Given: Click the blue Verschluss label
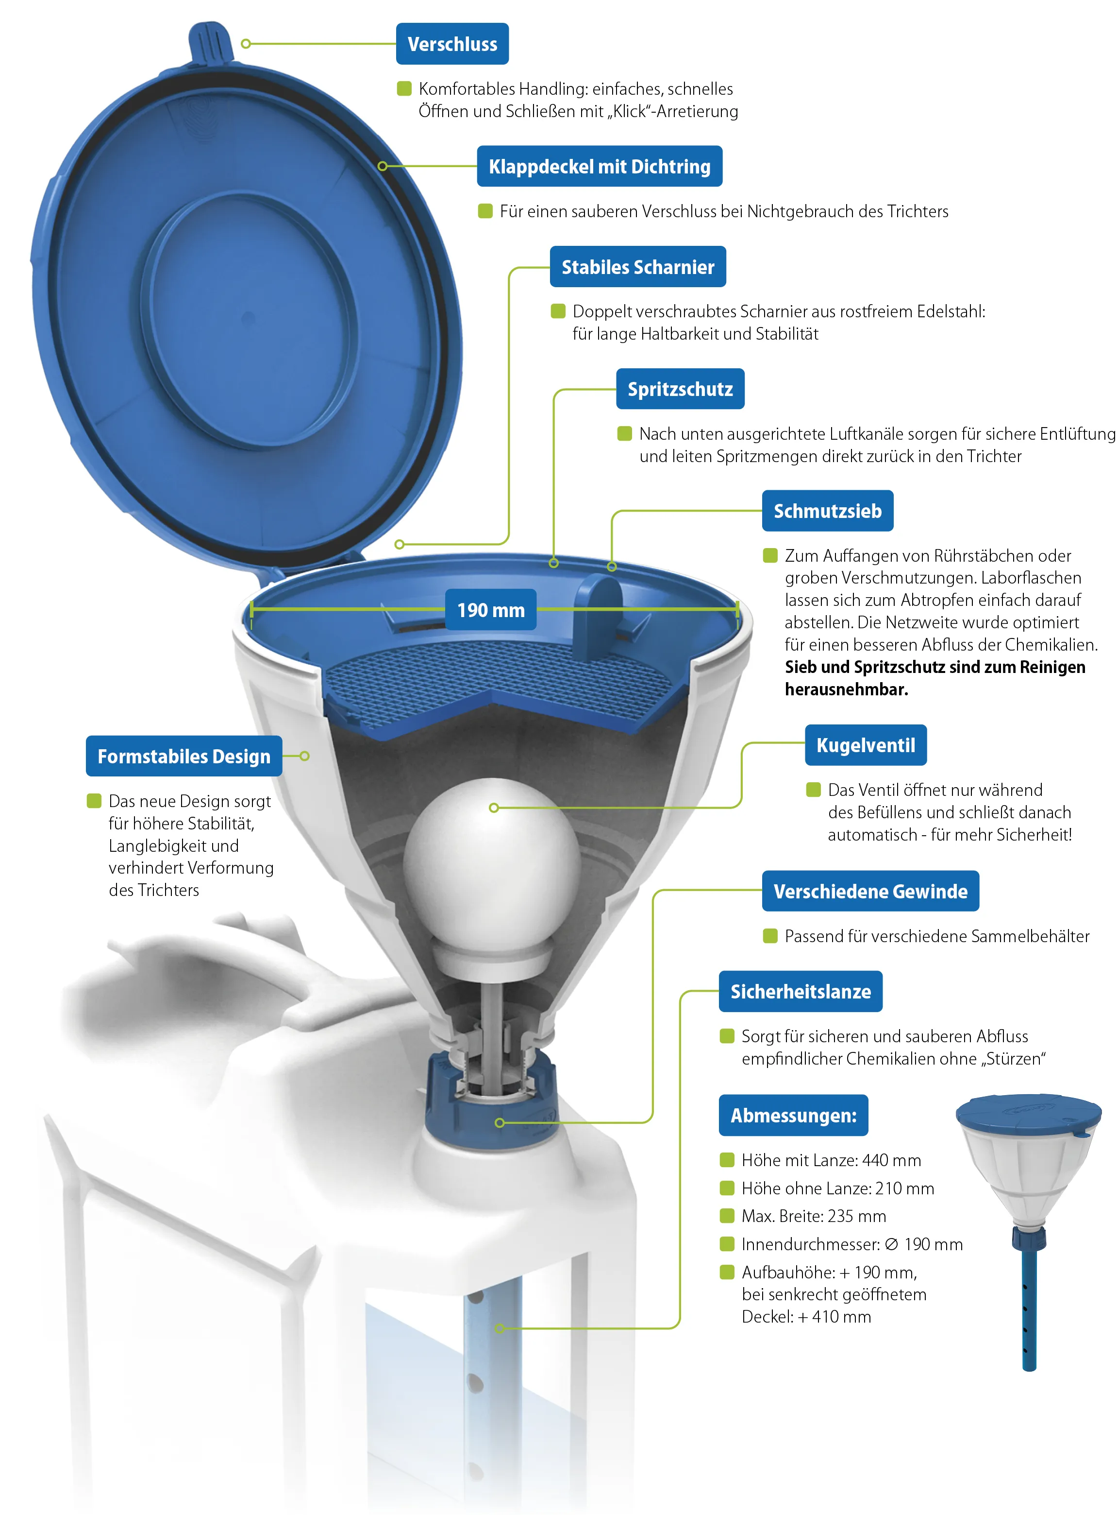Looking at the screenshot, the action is point(452,44).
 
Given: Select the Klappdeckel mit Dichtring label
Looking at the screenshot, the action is point(600,166).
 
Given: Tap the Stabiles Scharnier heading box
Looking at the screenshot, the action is point(638,267).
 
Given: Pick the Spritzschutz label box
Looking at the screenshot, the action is point(680,389).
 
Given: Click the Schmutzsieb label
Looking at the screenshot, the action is point(828,511).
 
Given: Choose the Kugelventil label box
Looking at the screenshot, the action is point(866,745).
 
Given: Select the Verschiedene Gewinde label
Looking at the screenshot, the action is point(870,891).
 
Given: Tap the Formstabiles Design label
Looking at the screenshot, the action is point(184,756).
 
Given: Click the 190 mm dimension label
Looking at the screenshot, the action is point(491,609).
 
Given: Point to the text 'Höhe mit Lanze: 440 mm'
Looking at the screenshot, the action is point(831,1160).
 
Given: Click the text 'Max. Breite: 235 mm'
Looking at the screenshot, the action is point(814,1216).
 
